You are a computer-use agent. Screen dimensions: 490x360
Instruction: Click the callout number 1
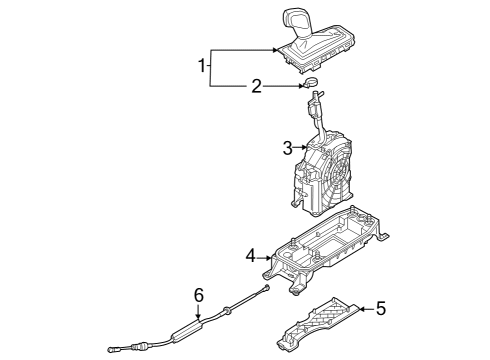202,66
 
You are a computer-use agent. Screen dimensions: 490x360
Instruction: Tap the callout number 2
256,87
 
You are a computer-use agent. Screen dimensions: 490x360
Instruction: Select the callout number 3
288,148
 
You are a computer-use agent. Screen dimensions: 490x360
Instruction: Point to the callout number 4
251,257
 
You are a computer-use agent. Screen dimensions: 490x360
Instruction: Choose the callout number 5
381,308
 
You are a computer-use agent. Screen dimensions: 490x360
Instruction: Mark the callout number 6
199,296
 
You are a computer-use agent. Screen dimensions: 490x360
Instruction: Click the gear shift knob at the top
295,23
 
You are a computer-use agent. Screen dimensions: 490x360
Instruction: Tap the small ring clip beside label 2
311,82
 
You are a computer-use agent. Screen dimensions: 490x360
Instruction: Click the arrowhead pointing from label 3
303,147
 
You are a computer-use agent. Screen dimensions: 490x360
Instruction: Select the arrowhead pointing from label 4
269,258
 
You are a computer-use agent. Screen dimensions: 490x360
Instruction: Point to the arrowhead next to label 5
361,309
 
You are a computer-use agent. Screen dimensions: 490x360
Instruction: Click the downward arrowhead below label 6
198,318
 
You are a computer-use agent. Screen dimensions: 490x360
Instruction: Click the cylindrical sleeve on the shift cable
187,329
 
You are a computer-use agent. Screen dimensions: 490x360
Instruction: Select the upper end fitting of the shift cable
265,289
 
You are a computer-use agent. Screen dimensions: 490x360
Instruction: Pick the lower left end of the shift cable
112,350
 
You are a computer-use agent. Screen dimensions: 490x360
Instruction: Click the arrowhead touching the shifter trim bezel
275,50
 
